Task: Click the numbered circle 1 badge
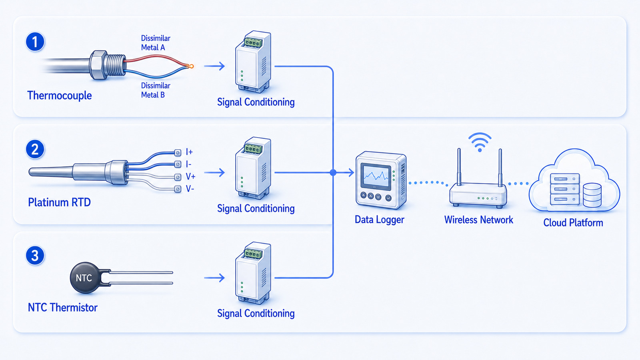point(35,42)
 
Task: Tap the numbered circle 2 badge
point(35,149)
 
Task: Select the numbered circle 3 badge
point(35,256)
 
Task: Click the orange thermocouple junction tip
point(191,66)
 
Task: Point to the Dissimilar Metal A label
point(156,43)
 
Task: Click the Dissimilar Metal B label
point(156,90)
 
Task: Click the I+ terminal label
point(189,152)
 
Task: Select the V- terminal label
point(190,188)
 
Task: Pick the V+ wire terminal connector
point(178,177)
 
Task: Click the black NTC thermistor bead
point(86,278)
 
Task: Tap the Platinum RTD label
point(60,202)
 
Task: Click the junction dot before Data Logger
point(333,172)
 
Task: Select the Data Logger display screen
point(376,176)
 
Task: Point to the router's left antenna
point(459,167)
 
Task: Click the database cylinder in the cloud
point(592,196)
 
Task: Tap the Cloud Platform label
point(573,222)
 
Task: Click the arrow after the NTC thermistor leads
point(214,278)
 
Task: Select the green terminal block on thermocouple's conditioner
point(253,42)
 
